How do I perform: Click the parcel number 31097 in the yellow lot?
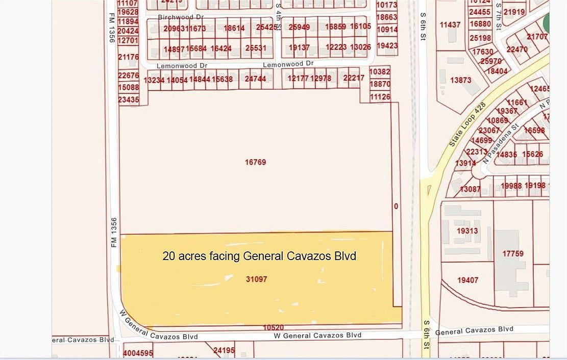(256, 279)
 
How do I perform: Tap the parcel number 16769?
(256, 162)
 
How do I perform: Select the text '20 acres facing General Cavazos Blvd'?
(259, 256)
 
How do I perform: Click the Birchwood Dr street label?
(177, 17)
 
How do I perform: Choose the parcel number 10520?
(273, 327)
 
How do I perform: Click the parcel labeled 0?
(396, 207)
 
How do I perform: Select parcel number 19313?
(467, 231)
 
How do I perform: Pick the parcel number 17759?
(512, 253)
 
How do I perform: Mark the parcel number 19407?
(467, 280)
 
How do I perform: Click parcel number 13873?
(461, 81)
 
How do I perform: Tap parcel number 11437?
(450, 24)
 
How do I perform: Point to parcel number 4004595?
(138, 352)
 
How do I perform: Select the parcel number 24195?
(224, 350)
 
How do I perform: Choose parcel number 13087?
(470, 189)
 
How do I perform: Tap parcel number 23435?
(128, 99)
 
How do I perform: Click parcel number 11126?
(380, 97)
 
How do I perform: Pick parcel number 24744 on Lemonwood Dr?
(255, 79)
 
